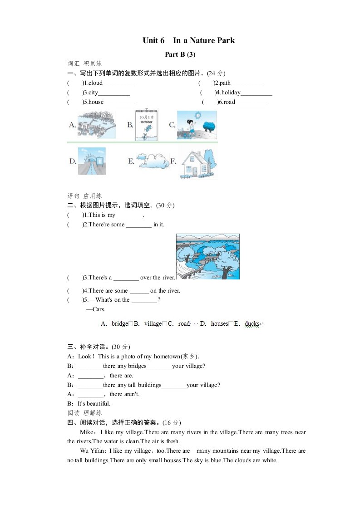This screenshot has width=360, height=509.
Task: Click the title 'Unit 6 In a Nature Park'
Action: (x=188, y=41)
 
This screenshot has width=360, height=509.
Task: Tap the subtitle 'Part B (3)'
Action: (x=180, y=54)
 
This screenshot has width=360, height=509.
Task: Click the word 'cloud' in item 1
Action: (x=95, y=83)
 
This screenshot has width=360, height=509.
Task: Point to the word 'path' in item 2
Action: (x=225, y=83)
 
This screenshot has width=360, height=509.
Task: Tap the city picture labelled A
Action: (x=96, y=124)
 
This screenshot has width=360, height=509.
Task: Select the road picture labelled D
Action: (x=92, y=161)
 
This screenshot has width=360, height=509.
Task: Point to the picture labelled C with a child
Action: (x=197, y=124)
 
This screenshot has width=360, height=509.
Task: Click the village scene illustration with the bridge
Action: (x=207, y=256)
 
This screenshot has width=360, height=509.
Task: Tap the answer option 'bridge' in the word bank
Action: (x=120, y=324)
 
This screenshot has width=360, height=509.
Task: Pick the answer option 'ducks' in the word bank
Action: (x=252, y=324)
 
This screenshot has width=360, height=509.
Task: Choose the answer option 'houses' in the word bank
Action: (x=219, y=324)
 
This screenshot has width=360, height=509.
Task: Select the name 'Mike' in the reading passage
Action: (x=87, y=432)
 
